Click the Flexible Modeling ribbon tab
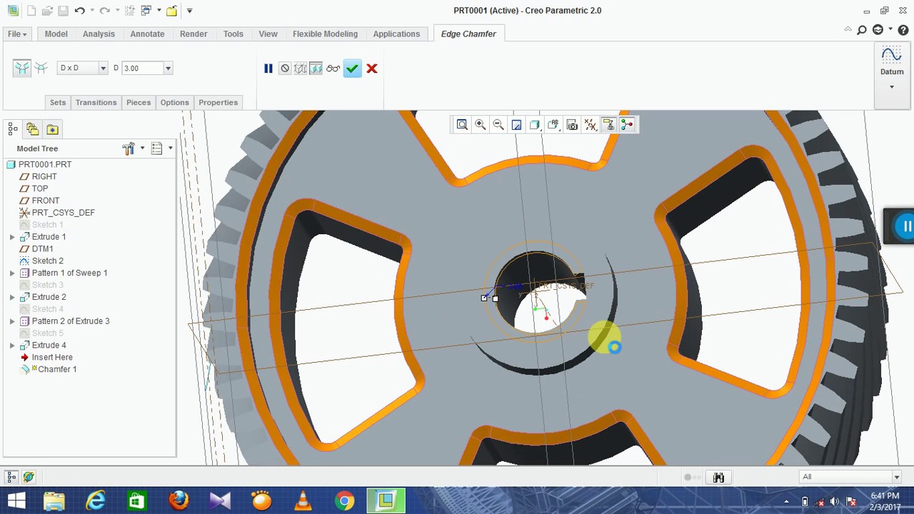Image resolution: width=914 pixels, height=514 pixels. click(x=325, y=34)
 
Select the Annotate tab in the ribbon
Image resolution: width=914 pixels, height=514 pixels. click(x=147, y=34)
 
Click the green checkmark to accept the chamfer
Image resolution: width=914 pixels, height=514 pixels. click(x=352, y=69)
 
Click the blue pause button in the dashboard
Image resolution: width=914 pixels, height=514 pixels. click(x=268, y=69)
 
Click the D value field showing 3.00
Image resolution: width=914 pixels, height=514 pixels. click(x=142, y=68)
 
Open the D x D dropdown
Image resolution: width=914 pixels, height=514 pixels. click(x=82, y=68)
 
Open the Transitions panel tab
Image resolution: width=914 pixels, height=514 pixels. click(x=96, y=102)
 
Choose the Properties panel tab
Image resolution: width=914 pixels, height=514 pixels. click(x=218, y=102)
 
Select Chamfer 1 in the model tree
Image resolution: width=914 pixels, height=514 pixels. click(x=57, y=369)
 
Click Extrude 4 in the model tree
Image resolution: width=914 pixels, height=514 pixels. click(x=49, y=345)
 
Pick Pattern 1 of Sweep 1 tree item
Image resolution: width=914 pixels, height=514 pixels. click(x=69, y=273)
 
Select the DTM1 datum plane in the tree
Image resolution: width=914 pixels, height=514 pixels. click(x=42, y=248)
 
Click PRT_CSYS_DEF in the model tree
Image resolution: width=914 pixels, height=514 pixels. click(x=63, y=213)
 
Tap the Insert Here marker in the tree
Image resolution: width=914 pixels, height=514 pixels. click(x=52, y=357)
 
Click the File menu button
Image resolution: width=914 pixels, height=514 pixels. click(x=17, y=34)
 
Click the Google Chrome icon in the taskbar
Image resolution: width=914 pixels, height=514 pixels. click(x=344, y=500)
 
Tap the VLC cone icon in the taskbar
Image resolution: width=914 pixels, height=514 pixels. click(x=303, y=500)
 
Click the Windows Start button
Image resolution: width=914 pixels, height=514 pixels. click(x=16, y=500)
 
